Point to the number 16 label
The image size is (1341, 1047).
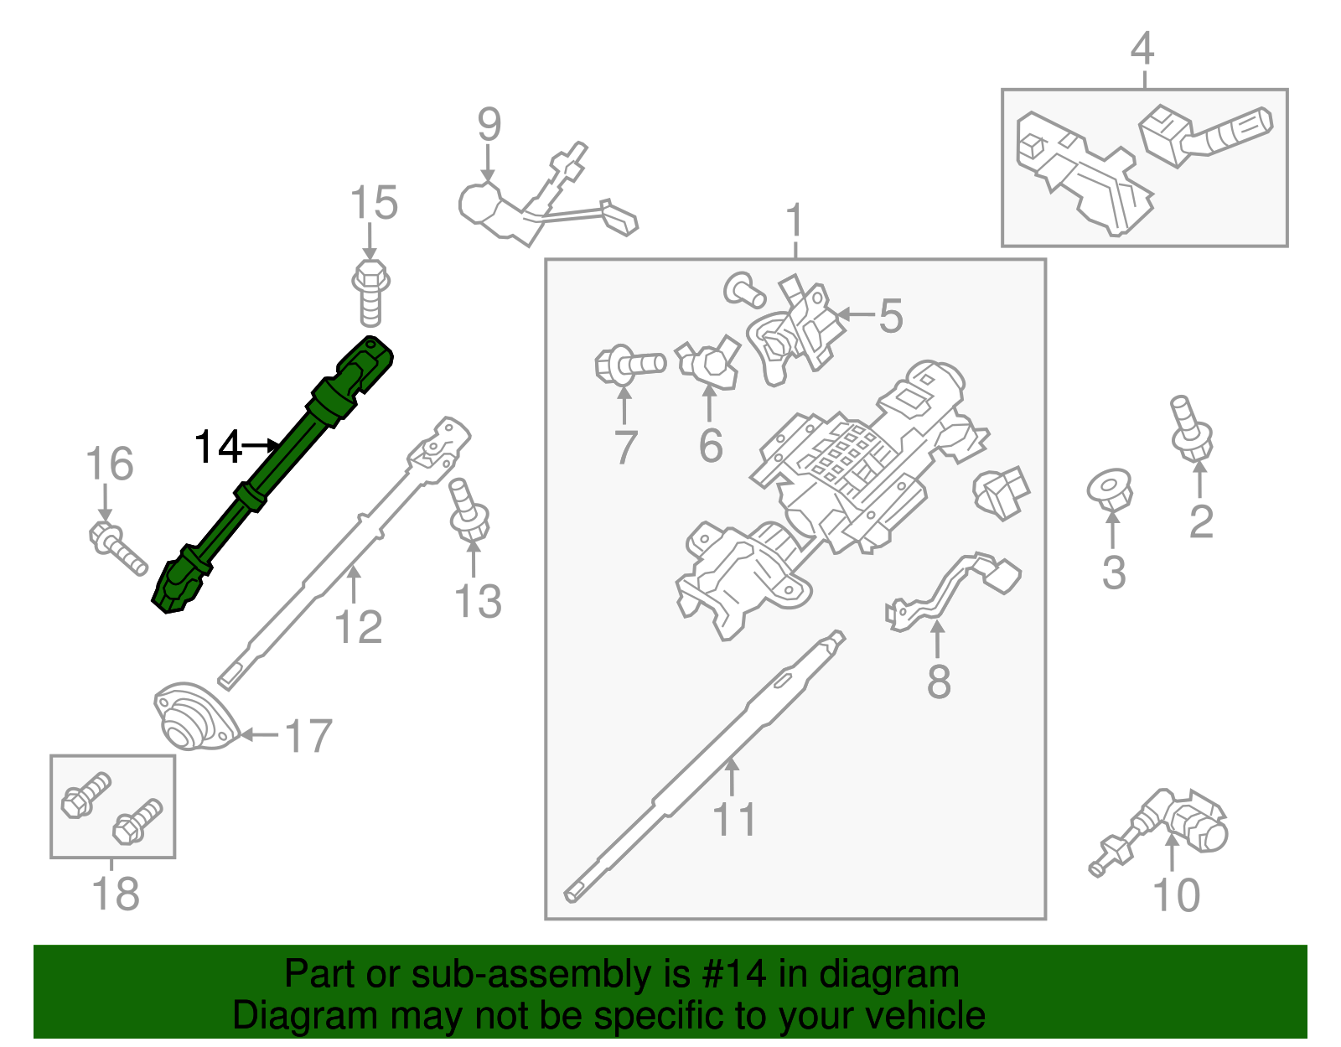click(110, 464)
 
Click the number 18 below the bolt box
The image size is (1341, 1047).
click(115, 894)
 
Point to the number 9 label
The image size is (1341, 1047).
click(489, 125)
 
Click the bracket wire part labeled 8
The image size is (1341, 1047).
click(955, 587)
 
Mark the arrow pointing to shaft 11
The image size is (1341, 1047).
click(732, 775)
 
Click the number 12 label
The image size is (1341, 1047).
click(358, 627)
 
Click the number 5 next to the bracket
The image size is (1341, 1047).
click(890, 316)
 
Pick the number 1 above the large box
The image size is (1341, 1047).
click(795, 221)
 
